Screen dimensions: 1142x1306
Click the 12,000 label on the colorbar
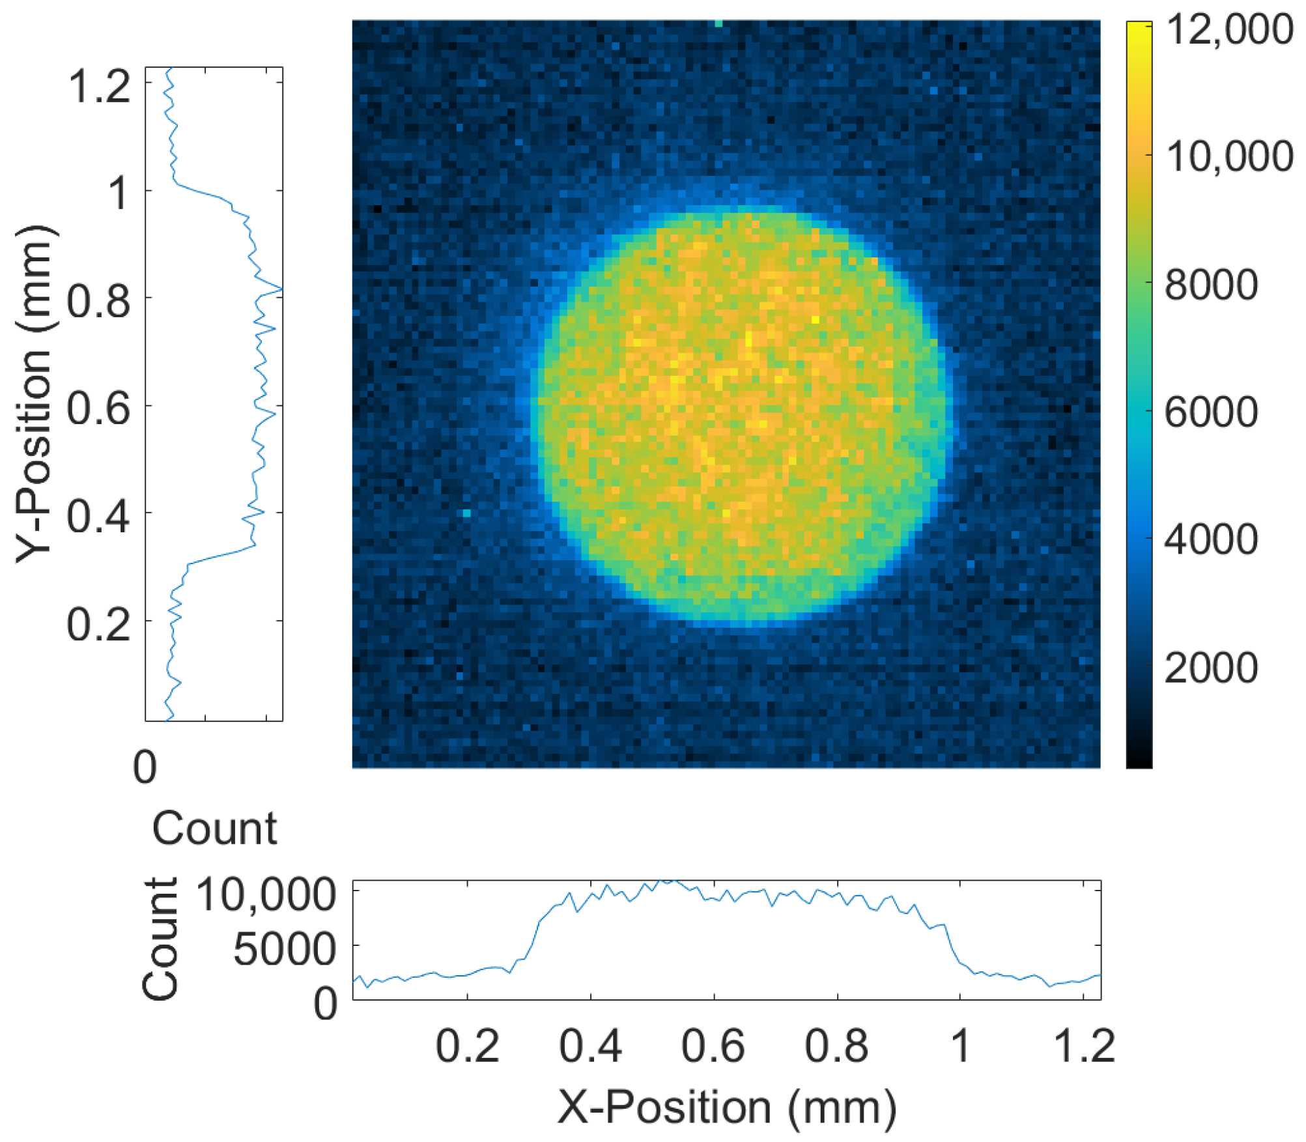pyautogui.click(x=1228, y=30)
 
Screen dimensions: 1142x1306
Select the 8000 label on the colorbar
pyautogui.click(x=1211, y=285)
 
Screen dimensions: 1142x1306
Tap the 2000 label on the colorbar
pyautogui.click(x=1211, y=668)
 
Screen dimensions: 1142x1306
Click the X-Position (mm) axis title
pyautogui.click(x=726, y=1107)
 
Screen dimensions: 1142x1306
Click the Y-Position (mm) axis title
pyautogui.click(x=34, y=394)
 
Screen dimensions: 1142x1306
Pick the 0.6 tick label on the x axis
pyautogui.click(x=713, y=1046)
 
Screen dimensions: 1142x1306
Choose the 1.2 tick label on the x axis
pyautogui.click(x=1084, y=1046)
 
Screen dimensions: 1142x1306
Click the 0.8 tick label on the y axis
pyautogui.click(x=98, y=302)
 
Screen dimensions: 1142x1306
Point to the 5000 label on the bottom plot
pyautogui.click(x=285, y=949)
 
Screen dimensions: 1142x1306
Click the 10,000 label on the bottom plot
pyautogui.click(x=266, y=894)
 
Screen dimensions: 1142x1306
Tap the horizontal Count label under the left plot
pyautogui.click(x=214, y=829)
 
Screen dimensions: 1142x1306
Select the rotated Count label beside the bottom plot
pyautogui.click(x=160, y=938)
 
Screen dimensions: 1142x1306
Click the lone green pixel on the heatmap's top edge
pyautogui.click(x=718, y=23)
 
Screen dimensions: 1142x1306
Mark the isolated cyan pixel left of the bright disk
pyautogui.click(x=466, y=513)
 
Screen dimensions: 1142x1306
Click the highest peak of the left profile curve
pyautogui.click(x=281, y=289)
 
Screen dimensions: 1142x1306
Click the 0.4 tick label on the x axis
pyautogui.click(x=590, y=1046)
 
